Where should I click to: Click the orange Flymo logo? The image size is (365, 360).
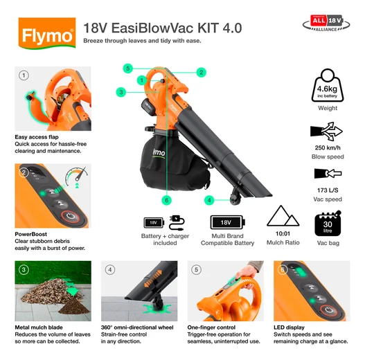[x=47, y=33]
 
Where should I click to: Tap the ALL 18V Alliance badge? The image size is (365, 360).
[x=326, y=24]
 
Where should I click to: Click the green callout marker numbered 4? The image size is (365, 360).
[x=209, y=200]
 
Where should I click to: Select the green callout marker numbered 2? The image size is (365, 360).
[x=201, y=73]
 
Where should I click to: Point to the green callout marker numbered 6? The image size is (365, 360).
[x=167, y=200]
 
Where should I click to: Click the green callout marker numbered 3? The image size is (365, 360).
[x=121, y=92]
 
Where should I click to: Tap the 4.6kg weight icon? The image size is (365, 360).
[x=328, y=86]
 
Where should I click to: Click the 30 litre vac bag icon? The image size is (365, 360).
[x=328, y=224]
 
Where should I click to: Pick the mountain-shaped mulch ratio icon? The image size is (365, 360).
[x=283, y=216]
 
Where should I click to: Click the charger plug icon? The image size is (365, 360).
[x=177, y=222]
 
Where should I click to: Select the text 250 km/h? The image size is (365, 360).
[x=328, y=147]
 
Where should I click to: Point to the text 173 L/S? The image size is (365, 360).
[x=328, y=190]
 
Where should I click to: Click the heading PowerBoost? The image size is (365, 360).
[x=30, y=234]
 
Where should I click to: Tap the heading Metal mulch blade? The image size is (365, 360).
[x=39, y=327]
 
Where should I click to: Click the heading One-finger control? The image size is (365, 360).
[x=211, y=327]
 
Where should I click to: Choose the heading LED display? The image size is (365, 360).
[x=289, y=327]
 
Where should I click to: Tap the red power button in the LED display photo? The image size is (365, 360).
[x=328, y=310]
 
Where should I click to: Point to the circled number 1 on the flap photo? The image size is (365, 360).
[x=24, y=75]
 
